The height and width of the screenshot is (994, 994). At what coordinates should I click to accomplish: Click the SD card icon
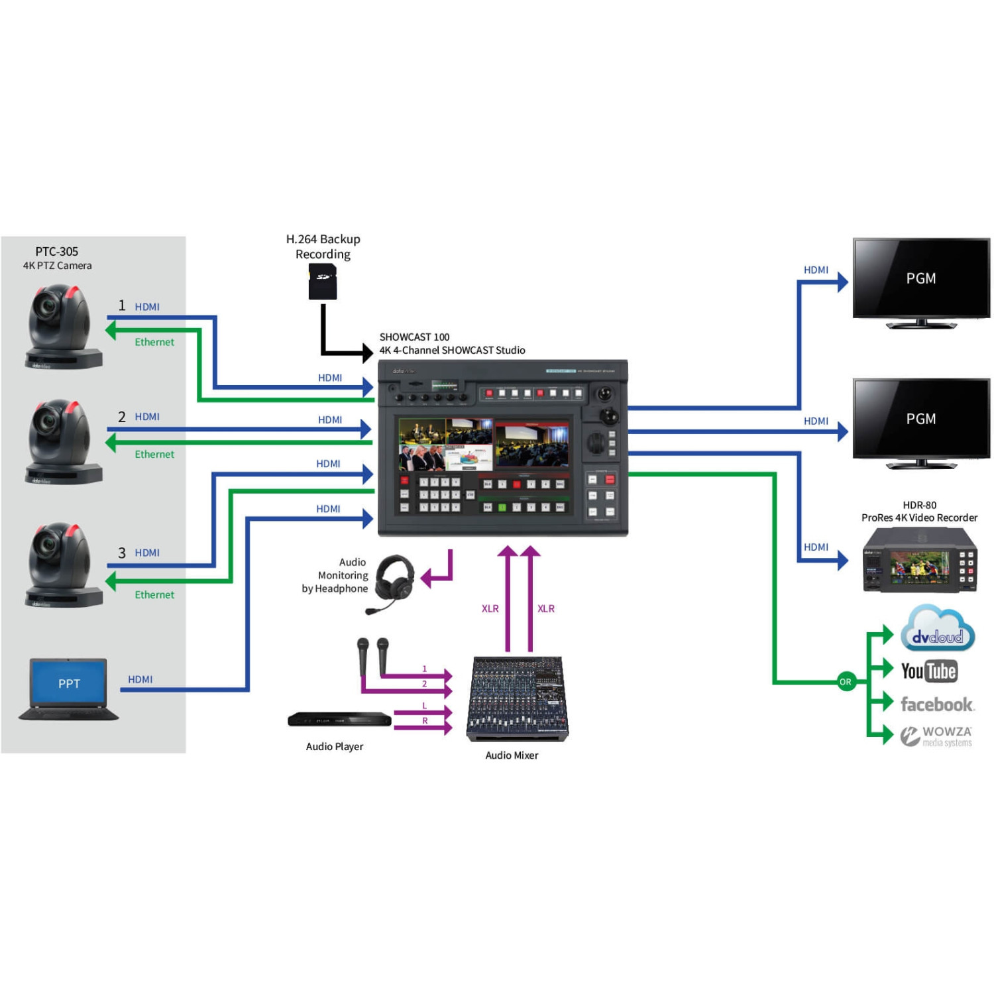click(x=323, y=282)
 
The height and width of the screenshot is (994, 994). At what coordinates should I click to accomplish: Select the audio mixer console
click(x=517, y=698)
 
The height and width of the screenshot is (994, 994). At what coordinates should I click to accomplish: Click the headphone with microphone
click(x=394, y=581)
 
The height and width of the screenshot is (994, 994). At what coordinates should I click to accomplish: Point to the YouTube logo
click(x=928, y=671)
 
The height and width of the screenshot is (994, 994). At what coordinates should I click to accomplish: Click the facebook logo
click(x=936, y=704)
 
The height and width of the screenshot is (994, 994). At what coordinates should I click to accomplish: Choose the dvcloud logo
click(x=937, y=630)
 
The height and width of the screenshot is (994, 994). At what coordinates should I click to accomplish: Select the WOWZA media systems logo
click(x=936, y=736)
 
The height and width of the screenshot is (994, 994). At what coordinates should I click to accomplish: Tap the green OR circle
click(x=846, y=681)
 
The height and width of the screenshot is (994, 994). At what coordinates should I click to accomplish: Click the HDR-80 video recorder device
click(x=919, y=560)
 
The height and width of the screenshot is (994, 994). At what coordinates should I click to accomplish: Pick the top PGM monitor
click(x=920, y=282)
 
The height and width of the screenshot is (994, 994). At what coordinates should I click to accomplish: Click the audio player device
click(x=339, y=719)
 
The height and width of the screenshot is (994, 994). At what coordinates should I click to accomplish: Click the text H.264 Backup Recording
click(x=323, y=247)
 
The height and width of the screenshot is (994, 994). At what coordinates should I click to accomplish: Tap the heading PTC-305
click(x=57, y=252)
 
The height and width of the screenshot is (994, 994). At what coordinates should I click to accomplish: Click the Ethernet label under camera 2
click(x=154, y=455)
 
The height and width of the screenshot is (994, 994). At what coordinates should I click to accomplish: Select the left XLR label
click(x=490, y=608)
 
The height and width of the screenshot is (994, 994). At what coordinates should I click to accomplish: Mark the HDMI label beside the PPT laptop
click(x=140, y=679)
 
